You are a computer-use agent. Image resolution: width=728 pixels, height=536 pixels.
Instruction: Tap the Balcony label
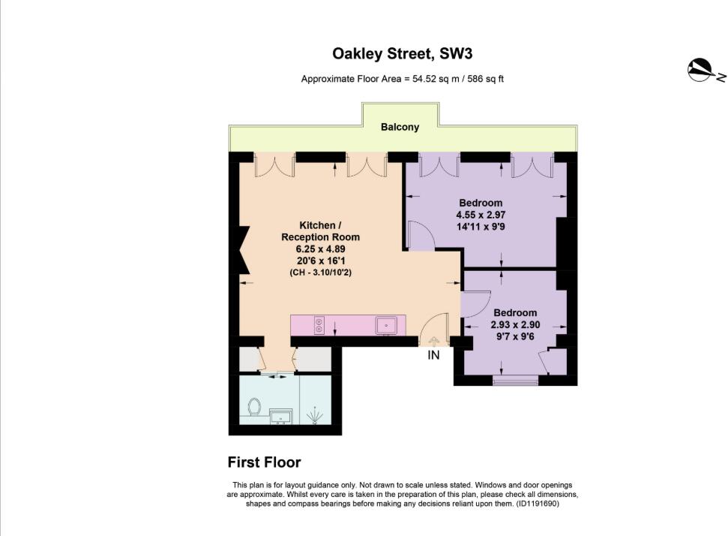coord(400,128)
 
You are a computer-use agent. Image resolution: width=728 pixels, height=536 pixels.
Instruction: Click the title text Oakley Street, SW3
coord(403,54)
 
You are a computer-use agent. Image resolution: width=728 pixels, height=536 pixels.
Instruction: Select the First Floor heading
coord(264,462)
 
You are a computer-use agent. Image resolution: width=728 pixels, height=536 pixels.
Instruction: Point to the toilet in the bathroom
coord(253,408)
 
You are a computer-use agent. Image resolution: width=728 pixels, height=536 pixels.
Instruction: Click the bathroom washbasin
coord(283,416)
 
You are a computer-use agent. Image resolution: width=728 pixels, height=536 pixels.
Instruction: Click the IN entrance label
coord(433,355)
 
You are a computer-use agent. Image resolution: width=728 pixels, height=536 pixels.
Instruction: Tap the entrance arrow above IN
coord(433,341)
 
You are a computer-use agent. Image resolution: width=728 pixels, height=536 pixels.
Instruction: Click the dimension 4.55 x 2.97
coord(481,215)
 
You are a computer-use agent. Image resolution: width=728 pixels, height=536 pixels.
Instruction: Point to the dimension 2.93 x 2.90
coord(515,325)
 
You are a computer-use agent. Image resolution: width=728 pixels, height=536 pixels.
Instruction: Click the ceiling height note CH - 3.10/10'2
coord(320,273)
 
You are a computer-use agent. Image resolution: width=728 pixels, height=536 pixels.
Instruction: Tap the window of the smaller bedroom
coord(515,381)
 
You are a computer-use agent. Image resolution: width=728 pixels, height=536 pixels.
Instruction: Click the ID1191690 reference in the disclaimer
coord(537,504)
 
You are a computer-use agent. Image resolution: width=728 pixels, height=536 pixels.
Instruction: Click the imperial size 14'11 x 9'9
coord(481,226)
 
